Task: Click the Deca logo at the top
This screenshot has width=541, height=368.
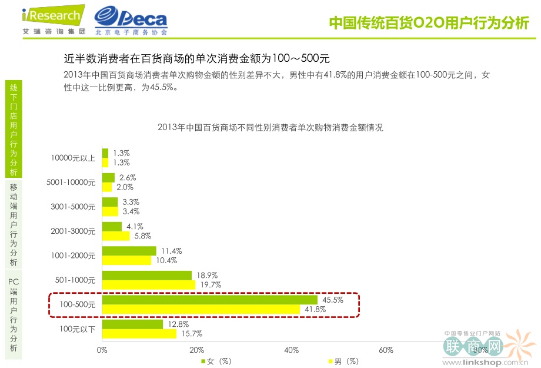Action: [x=131, y=21]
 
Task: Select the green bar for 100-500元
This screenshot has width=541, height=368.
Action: [x=210, y=300]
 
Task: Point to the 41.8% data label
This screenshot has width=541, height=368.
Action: [x=314, y=309]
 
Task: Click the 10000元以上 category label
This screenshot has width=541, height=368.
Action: [x=73, y=158]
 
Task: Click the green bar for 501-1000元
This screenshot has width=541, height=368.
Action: [x=147, y=275]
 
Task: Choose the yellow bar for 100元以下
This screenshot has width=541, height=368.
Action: [x=139, y=334]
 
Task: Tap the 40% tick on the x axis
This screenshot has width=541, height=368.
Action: [x=291, y=350]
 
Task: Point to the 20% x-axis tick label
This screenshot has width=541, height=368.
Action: [x=196, y=350]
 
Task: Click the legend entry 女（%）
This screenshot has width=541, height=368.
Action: [x=218, y=361]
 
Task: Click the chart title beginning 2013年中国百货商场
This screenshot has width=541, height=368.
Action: [x=270, y=127]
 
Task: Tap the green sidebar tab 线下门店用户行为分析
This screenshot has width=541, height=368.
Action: [x=14, y=129]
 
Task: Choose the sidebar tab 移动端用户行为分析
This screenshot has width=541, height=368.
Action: [x=14, y=224]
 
